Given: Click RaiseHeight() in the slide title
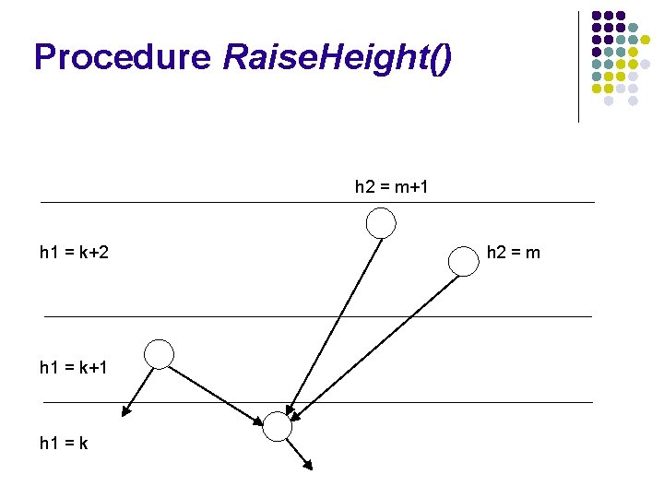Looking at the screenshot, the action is pyautogui.click(x=338, y=57).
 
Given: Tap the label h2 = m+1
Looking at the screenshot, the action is pyautogui.click(x=391, y=187).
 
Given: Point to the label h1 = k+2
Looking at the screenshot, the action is pyautogui.click(x=75, y=252).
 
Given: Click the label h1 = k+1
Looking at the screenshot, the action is pyautogui.click(x=75, y=368).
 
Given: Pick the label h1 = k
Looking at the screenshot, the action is pyautogui.click(x=65, y=444).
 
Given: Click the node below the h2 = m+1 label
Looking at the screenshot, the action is pyautogui.click(x=382, y=222).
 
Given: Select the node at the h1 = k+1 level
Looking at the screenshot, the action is pyautogui.click(x=160, y=354).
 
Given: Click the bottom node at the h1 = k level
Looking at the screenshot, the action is pyautogui.click(x=277, y=425).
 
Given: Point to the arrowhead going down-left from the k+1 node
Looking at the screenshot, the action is pyautogui.click(x=126, y=411).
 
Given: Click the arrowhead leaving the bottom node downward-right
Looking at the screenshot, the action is pyautogui.click(x=308, y=464).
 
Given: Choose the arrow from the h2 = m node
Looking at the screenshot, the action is pyautogui.click(x=378, y=341).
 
